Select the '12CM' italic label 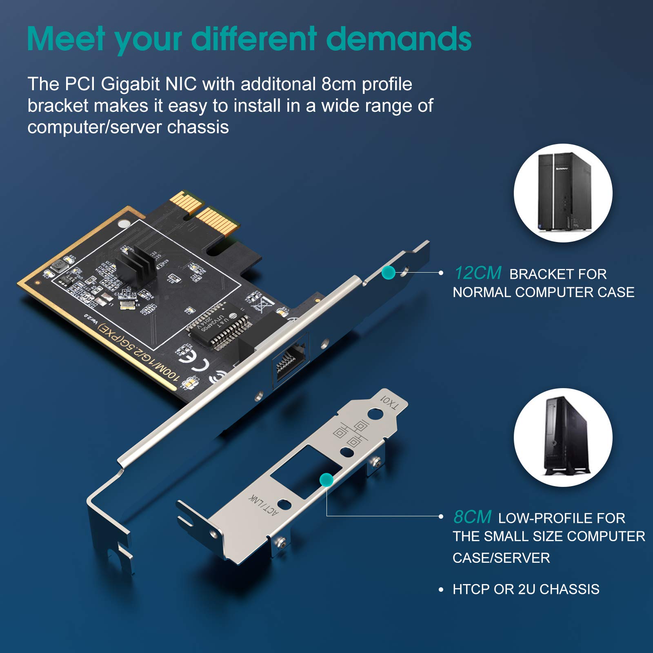(478, 273)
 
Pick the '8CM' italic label (472, 517)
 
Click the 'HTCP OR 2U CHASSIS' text (526, 589)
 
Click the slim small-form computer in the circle (565, 437)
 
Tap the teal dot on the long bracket (388, 273)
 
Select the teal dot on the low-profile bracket (326, 480)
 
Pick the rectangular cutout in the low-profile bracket (301, 471)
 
